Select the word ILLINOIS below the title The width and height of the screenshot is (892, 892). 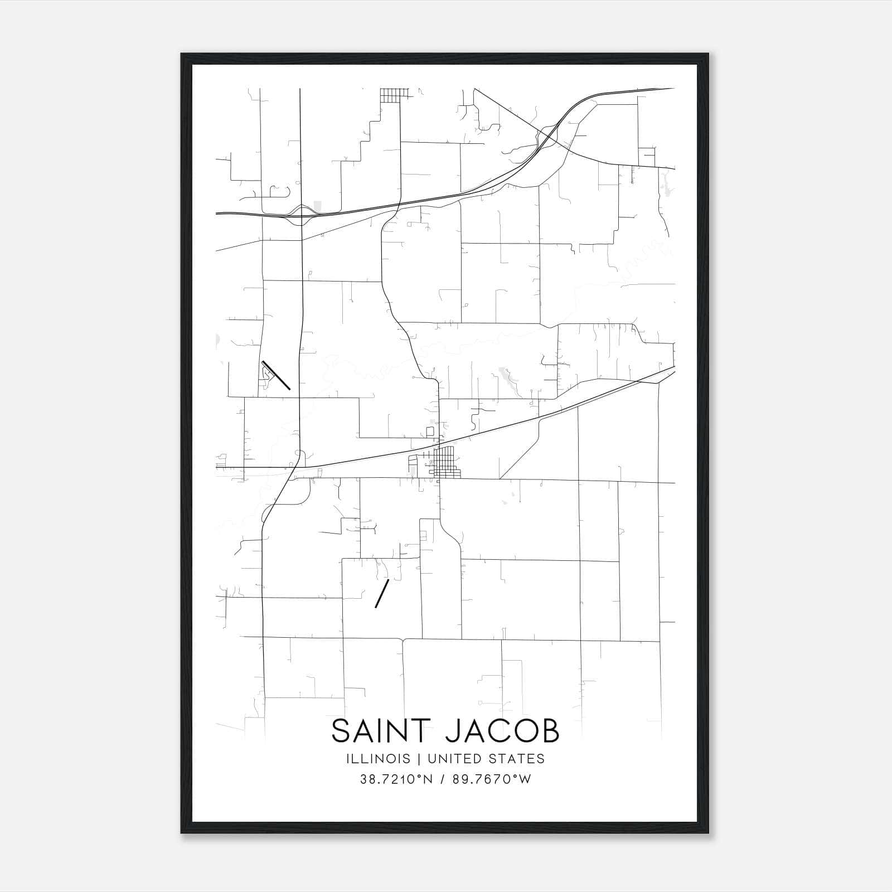[378, 759]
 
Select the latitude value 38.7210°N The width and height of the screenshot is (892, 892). [396, 779]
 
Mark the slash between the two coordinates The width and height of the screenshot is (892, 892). [442, 779]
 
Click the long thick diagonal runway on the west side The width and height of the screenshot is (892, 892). [276, 375]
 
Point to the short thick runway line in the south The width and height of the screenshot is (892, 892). [382, 593]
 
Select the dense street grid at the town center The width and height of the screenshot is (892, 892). [445, 463]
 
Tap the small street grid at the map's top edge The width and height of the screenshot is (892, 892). [394, 95]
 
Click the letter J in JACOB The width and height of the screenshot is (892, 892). [454, 731]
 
